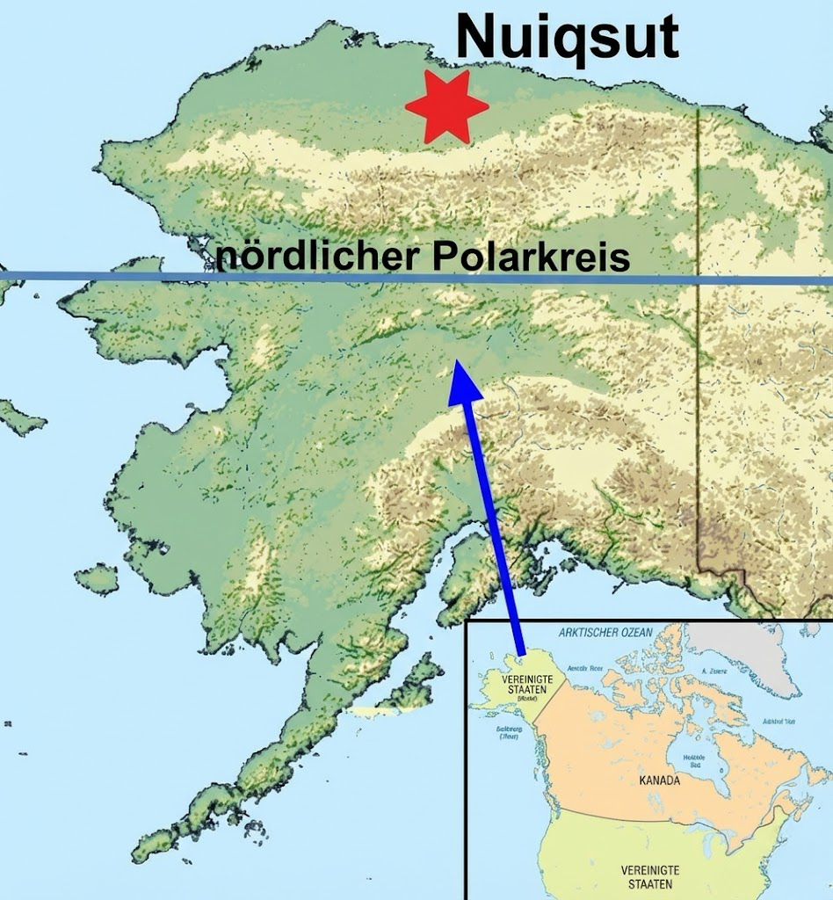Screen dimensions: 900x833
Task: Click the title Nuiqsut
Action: coord(568,38)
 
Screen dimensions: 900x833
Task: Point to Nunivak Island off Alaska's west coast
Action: coord(97,578)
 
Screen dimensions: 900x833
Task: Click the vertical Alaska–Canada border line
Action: coord(698,352)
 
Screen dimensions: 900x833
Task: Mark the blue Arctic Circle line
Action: coord(132,277)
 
